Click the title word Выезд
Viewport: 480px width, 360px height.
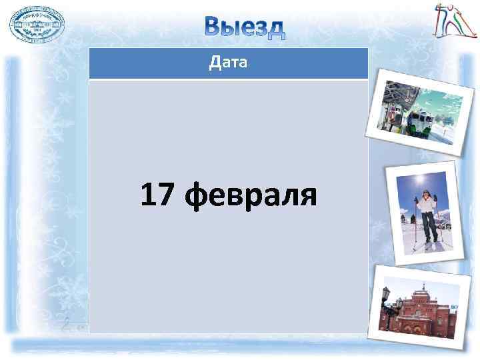click(x=244, y=27)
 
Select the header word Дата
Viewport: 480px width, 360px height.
click(x=229, y=63)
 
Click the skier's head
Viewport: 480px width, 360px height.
click(x=424, y=193)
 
